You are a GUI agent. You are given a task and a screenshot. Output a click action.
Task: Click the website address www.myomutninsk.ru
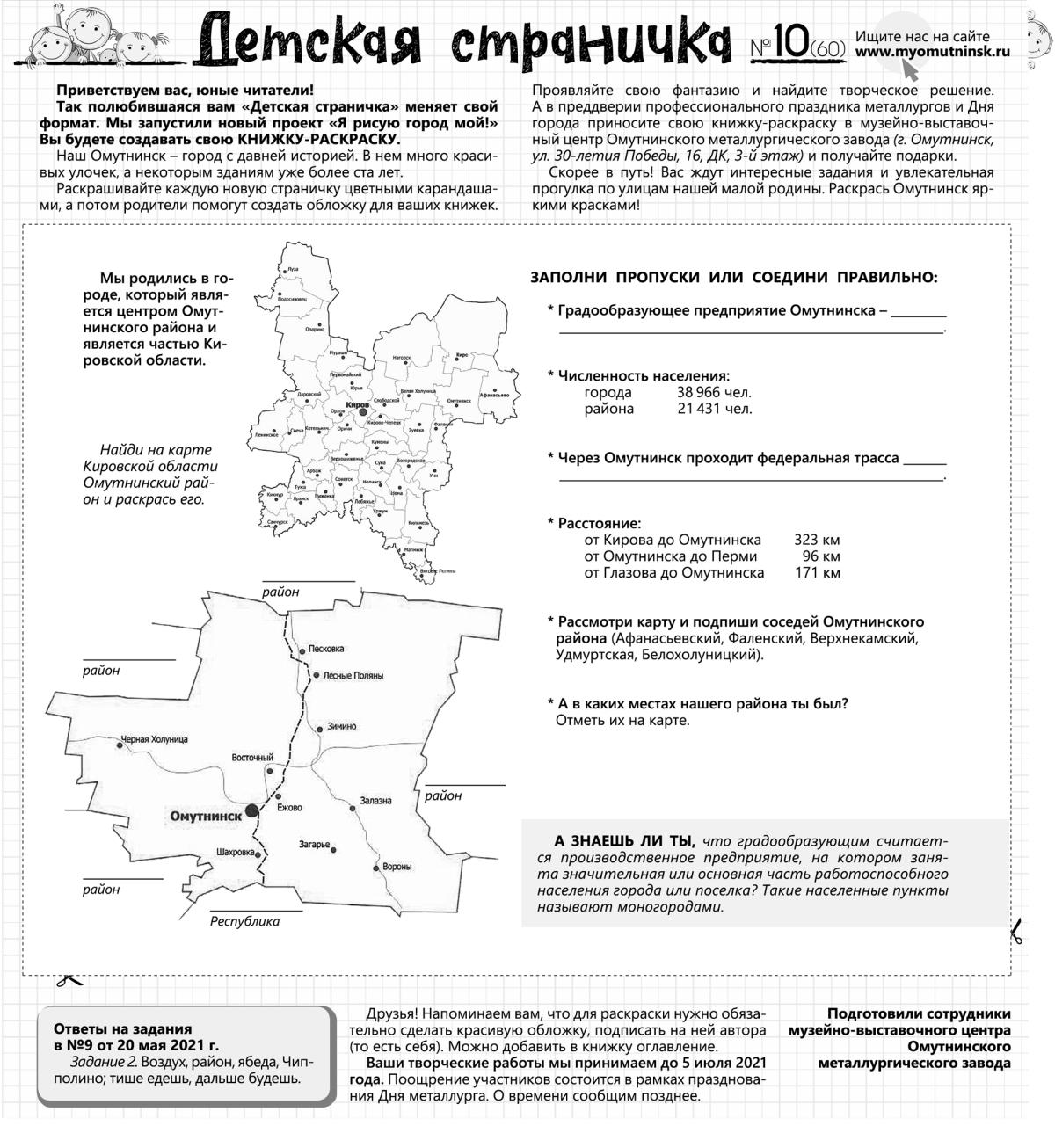pos(933,52)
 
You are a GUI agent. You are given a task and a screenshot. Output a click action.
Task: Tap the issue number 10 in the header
pos(790,45)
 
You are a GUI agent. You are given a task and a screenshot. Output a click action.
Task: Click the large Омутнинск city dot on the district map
pos(252,810)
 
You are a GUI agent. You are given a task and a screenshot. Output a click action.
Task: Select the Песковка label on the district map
pos(327,649)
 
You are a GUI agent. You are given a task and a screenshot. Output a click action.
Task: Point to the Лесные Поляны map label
pos(353,676)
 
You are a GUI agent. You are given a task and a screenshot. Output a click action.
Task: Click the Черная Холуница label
pos(155,739)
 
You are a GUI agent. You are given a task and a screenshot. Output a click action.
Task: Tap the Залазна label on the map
pos(375,801)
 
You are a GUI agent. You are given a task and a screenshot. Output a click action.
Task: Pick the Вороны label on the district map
pos(397,867)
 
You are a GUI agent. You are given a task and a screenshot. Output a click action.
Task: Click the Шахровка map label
pos(235,852)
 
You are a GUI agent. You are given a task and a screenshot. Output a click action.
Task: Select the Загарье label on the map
pos(314,845)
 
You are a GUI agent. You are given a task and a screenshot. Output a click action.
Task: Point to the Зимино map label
pos(341,726)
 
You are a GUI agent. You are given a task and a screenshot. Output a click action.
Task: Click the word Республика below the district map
pos(244,921)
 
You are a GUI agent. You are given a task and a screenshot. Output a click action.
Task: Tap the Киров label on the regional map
pos(357,404)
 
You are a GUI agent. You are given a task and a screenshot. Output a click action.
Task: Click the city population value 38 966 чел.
pos(714,393)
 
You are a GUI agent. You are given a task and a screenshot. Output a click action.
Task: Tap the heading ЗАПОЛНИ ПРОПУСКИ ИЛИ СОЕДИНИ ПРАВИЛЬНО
pos(733,278)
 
